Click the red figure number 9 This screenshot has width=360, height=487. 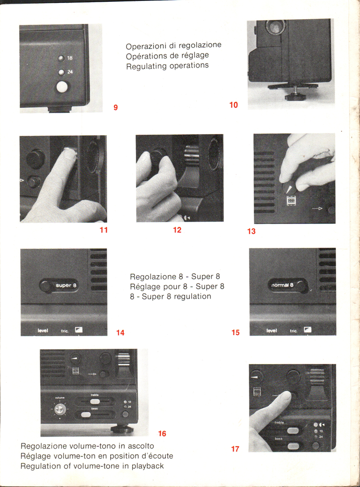[115, 107]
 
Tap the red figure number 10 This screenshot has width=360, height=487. [233, 105]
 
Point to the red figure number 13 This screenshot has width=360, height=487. [251, 231]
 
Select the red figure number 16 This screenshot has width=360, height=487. [162, 434]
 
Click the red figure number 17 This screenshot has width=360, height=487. [235, 449]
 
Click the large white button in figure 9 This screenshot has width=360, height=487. [62, 86]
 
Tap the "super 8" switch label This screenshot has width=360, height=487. [66, 285]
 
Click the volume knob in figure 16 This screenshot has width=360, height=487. [60, 409]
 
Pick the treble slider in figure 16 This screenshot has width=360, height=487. [95, 401]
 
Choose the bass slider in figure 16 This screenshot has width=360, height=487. [86, 414]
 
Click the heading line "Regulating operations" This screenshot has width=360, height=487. [167, 66]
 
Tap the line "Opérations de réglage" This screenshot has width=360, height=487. [167, 56]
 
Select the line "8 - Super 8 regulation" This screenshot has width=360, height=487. [170, 296]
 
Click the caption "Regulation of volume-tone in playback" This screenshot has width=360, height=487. [92, 466]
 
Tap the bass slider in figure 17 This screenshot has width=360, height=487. [293, 446]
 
